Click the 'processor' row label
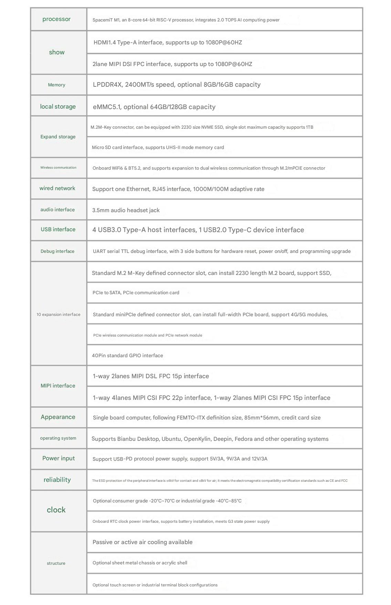(x=56, y=19)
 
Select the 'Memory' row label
(x=56, y=85)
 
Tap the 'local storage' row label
(x=58, y=107)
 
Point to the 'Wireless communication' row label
(x=58, y=168)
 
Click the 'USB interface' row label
(x=58, y=230)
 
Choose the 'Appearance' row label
(x=58, y=417)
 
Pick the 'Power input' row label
(x=59, y=458)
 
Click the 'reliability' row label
(x=57, y=480)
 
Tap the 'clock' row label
(x=56, y=510)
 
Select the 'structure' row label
(x=56, y=563)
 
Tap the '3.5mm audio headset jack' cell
(x=126, y=210)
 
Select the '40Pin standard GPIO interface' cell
(x=127, y=355)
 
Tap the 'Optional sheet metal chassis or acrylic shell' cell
(x=140, y=563)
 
